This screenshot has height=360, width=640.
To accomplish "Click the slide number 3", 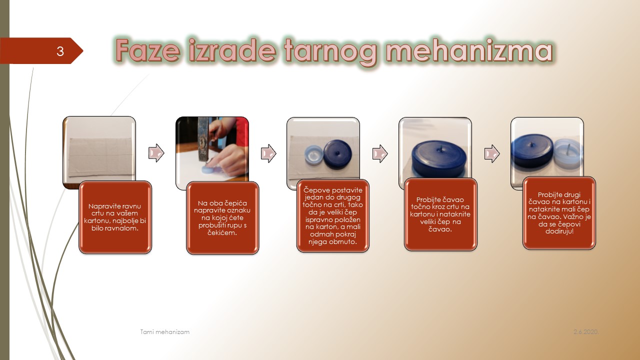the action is point(60,51).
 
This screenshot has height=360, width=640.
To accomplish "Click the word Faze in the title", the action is point(148,50).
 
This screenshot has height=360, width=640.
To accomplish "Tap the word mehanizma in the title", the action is point(469,50).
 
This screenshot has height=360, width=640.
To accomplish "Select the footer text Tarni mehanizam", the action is point(165,331).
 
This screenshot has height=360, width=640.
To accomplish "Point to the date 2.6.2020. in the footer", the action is point(586,331).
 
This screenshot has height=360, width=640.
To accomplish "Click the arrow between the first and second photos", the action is point(156,153).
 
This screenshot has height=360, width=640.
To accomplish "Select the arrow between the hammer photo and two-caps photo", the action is point(268,153).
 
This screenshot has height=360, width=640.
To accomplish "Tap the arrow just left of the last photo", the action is point(492,153).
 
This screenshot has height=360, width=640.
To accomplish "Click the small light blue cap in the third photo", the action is point(313,155).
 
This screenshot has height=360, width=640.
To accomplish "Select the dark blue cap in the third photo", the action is point(337,153).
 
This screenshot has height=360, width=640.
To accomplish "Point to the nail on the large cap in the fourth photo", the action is point(441,148).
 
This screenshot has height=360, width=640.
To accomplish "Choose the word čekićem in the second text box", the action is point(222,233).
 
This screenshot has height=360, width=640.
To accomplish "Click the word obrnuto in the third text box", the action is point(343,241).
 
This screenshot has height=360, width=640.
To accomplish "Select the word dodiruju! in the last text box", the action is point(559,231).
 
